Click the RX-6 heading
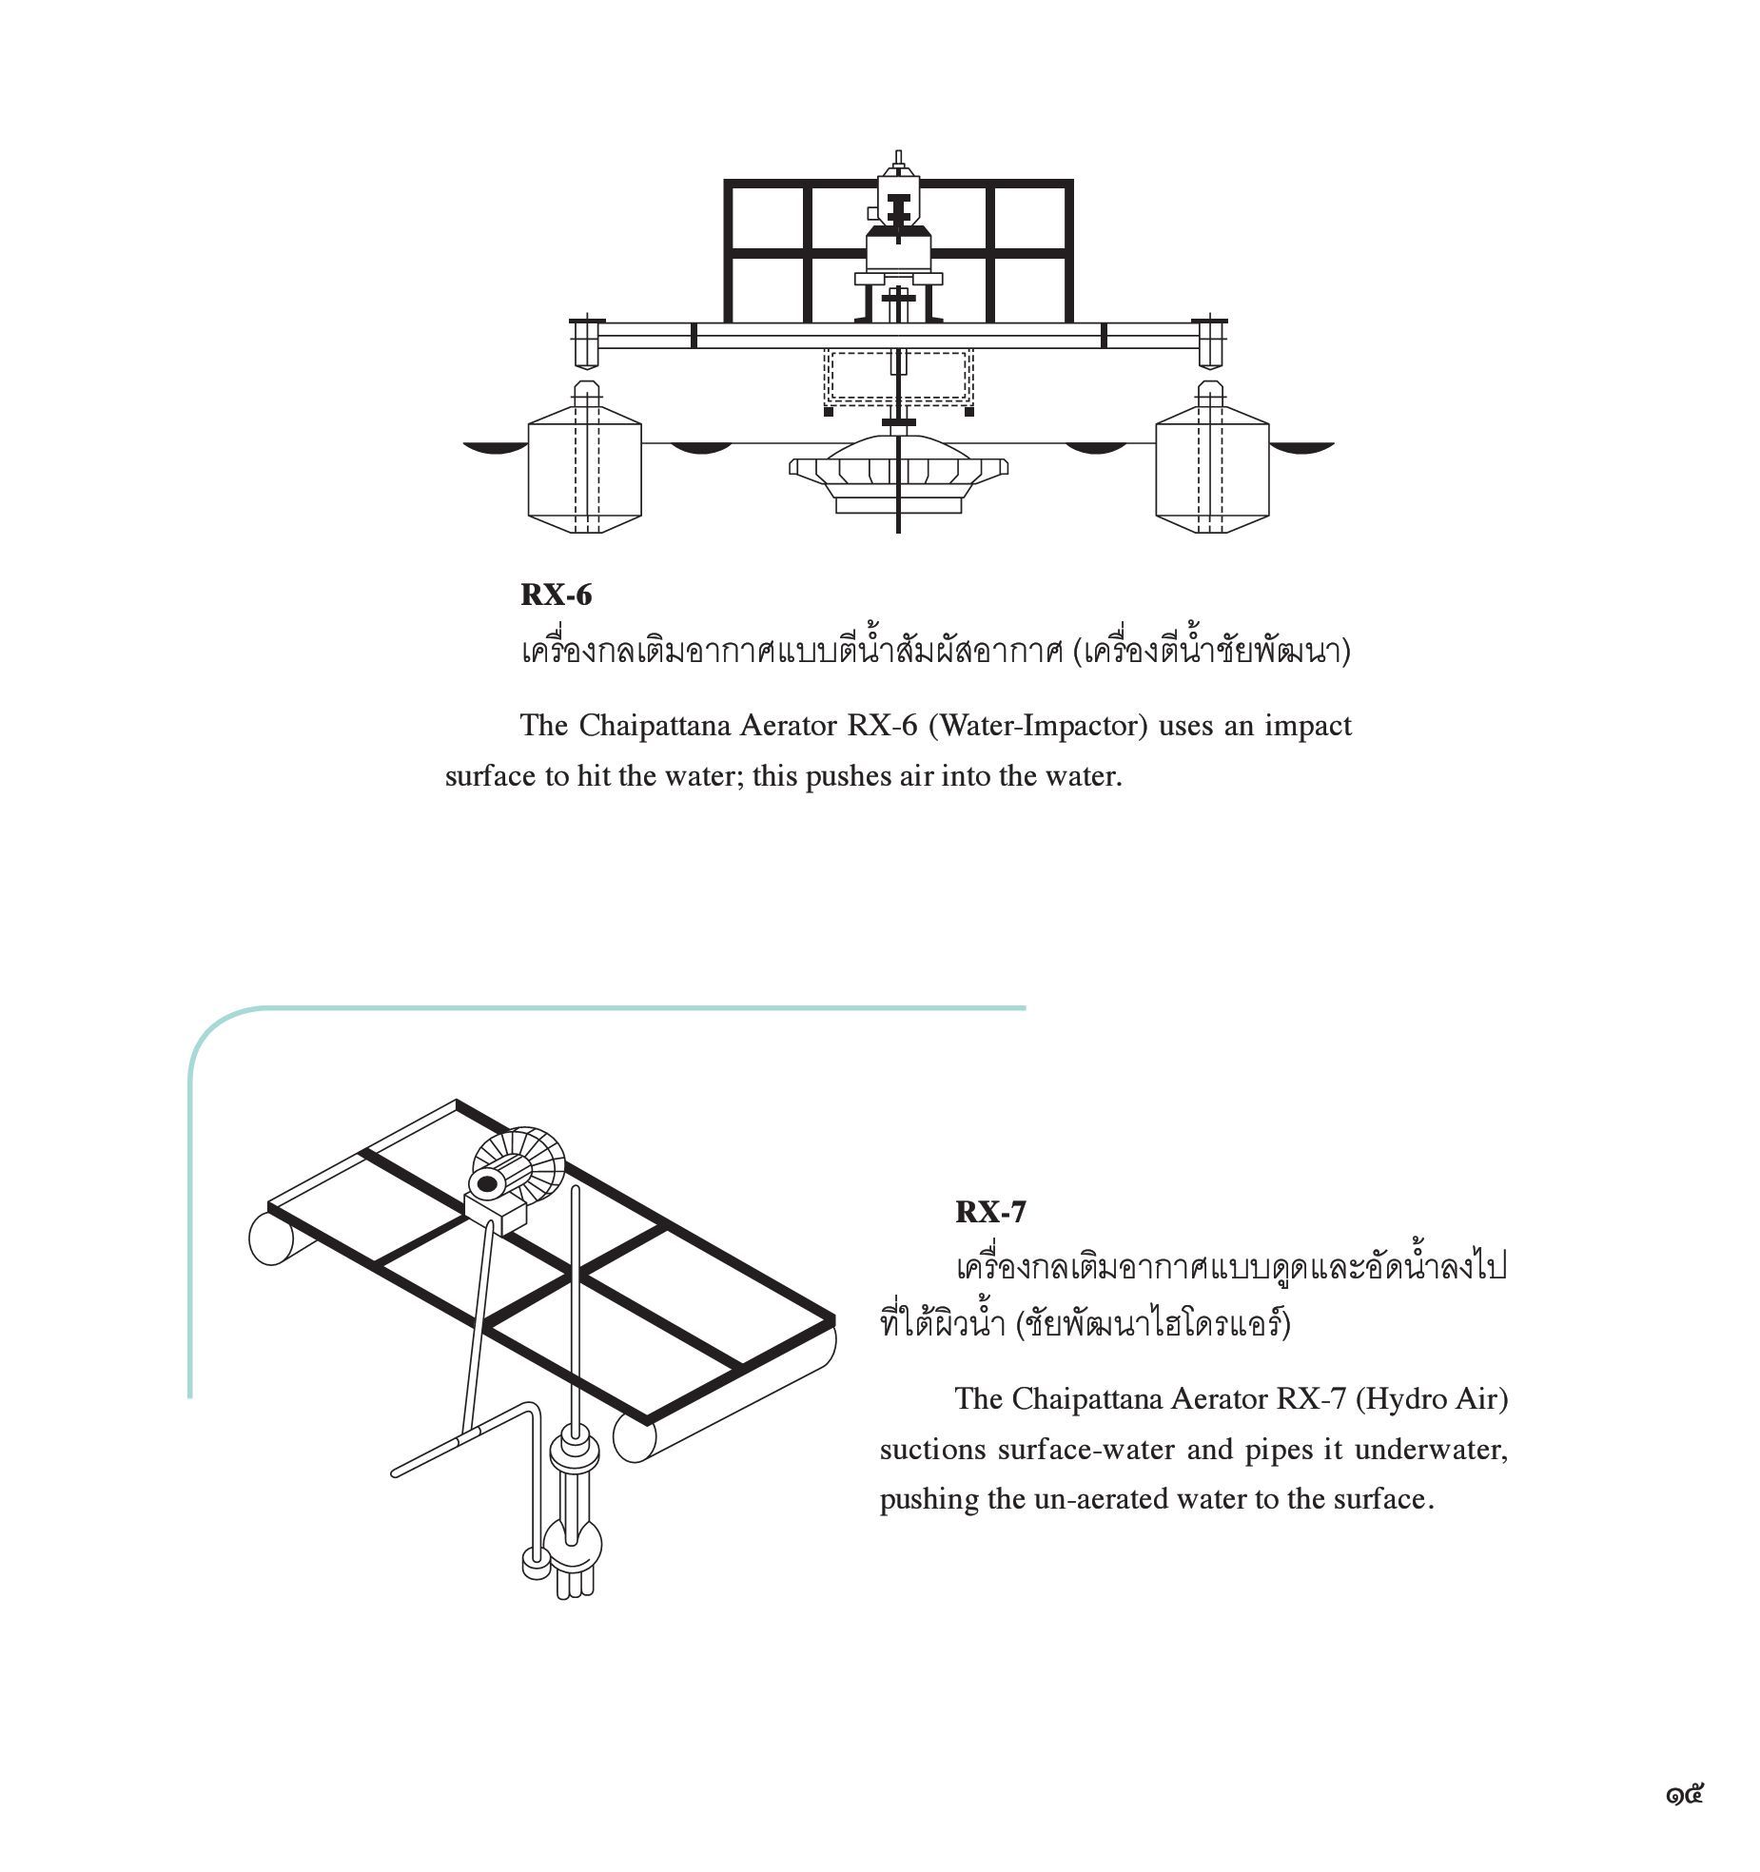point(556,595)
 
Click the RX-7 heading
point(990,1212)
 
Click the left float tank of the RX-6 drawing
point(584,458)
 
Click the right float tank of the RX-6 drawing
point(1211,458)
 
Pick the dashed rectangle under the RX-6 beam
point(898,378)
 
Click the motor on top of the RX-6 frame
point(898,219)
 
